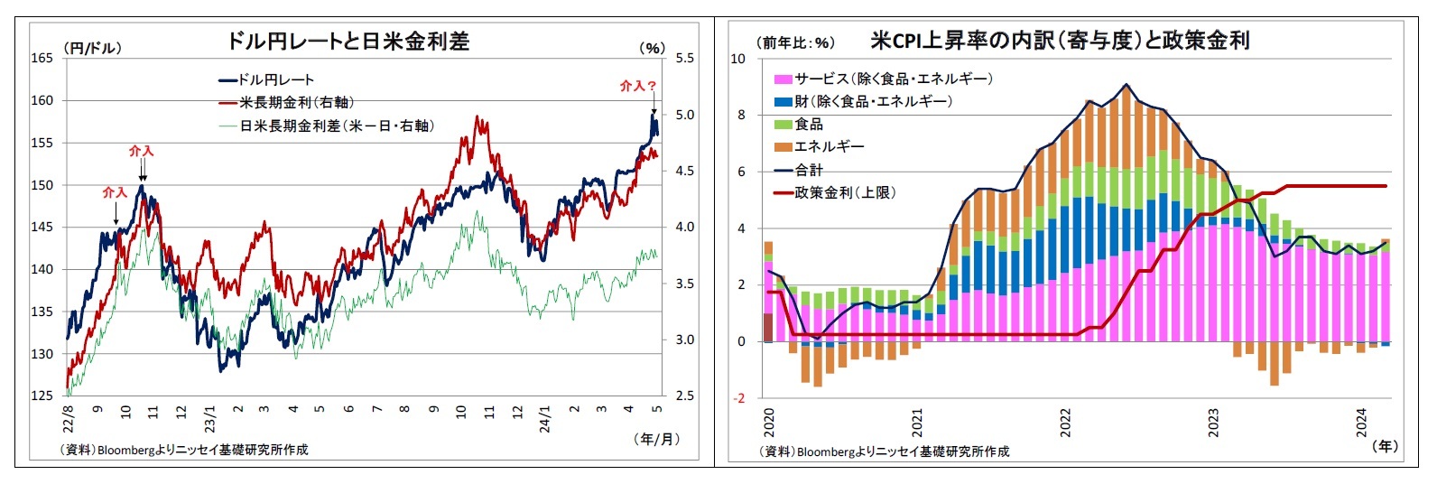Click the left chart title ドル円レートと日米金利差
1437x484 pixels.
(348, 42)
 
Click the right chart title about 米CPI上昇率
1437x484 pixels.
(1060, 41)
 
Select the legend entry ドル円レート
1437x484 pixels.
(275, 79)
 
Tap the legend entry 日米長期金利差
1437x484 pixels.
(336, 126)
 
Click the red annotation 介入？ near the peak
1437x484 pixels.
(637, 86)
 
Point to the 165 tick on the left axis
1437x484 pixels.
(42, 58)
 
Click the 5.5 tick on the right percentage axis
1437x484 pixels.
(684, 58)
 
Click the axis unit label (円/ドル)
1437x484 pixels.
(92, 48)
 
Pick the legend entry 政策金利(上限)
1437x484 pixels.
(845, 192)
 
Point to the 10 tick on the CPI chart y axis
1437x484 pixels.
(738, 59)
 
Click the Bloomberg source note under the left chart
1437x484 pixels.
(184, 450)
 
